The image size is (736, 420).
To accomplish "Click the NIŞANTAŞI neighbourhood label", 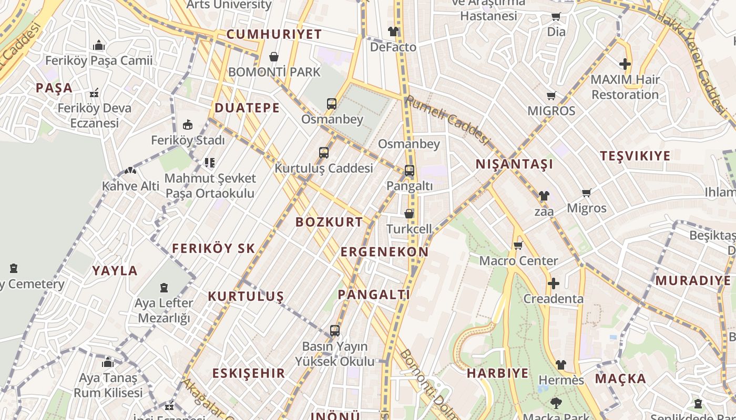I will pos(514,164).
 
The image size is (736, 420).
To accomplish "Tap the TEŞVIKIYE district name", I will pos(635,156).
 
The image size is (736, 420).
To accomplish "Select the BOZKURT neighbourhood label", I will pos(329,222).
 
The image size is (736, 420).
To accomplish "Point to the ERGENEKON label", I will pos(384,252).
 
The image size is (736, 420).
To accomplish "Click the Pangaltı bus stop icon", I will pos(410,171).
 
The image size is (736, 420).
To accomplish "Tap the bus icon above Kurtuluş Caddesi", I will pos(324,153).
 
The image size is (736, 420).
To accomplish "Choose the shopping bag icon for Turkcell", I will pos(409,214).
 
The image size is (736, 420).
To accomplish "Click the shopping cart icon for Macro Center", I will pos(518,245).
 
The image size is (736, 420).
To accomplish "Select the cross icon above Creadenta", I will pos(553,283).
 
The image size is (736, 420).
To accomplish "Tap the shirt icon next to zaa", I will pos(544,196).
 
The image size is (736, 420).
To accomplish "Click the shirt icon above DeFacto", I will pos(393,31).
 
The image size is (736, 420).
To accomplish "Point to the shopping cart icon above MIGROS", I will pos(551,96).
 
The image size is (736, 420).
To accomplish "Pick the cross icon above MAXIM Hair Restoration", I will pos(625,64).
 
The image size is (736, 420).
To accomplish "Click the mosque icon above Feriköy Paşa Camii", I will pos(99,45).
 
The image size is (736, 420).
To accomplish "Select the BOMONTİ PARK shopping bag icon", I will pos(274,56).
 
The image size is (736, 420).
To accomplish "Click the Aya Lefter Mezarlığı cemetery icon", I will pos(164,288).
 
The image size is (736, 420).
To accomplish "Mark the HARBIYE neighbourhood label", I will pos(497,373).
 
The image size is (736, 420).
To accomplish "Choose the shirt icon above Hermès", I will pos(561,365).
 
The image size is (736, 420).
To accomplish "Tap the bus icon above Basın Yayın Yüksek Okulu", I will pos(335,331).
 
